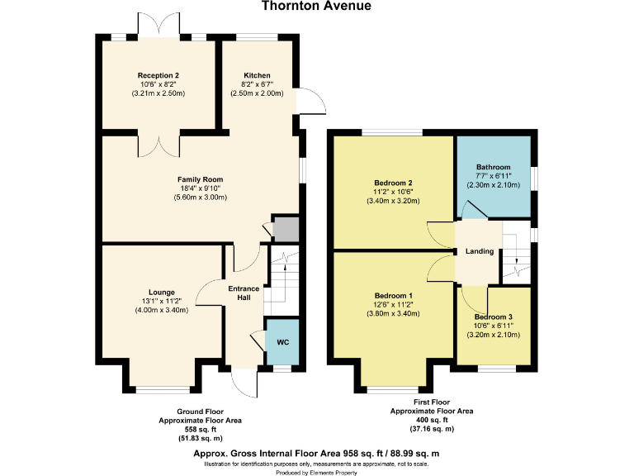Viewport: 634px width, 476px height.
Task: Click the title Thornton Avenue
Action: (316, 6)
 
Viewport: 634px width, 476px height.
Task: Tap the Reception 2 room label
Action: (158, 75)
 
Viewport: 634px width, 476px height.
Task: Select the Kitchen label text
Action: (257, 75)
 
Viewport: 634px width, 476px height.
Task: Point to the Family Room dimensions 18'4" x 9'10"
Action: (200, 188)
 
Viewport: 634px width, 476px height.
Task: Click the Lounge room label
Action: (161, 292)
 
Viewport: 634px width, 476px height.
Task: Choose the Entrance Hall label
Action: (244, 293)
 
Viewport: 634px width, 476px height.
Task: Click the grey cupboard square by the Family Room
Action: (285, 229)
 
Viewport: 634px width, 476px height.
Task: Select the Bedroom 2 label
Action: (393, 183)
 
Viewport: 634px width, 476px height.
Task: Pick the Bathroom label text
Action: (493, 167)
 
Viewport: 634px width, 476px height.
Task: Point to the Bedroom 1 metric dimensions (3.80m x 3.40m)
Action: (394, 314)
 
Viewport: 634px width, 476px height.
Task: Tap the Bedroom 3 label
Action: (493, 317)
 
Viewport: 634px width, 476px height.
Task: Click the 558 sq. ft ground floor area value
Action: (200, 429)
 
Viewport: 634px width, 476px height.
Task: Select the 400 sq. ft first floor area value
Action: (431, 420)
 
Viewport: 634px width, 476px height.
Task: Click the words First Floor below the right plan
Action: (431, 402)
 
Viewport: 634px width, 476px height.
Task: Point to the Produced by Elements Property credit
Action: (316, 472)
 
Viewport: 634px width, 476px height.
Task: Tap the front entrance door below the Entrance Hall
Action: (245, 382)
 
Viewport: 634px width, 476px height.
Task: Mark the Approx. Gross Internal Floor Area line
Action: (316, 454)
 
